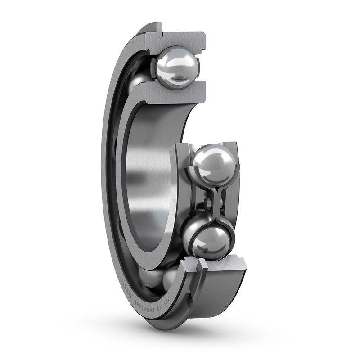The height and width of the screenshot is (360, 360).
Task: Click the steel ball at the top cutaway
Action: [177, 67]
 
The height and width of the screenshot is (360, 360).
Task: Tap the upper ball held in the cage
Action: [214, 165]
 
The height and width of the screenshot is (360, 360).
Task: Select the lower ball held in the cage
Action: [211, 241]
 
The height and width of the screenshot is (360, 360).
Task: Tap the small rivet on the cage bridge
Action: [207, 203]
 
